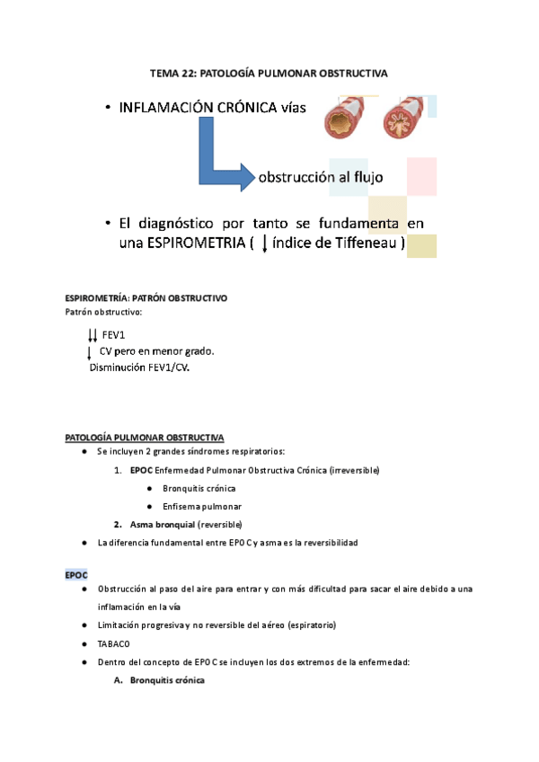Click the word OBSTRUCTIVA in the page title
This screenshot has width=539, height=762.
pyautogui.click(x=353, y=74)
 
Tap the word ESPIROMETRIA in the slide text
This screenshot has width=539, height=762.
pyautogui.click(x=189, y=244)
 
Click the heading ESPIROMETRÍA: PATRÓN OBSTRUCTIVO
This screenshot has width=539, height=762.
pyautogui.click(x=147, y=297)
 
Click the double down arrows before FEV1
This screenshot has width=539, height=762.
pyautogui.click(x=93, y=335)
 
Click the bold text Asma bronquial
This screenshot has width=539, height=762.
pyautogui.click(x=162, y=524)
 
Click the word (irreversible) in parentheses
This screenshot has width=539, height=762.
pyautogui.click(x=353, y=471)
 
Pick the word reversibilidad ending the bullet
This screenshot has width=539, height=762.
pyautogui.click(x=326, y=543)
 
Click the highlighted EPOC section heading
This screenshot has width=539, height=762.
pyautogui.click(x=76, y=573)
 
